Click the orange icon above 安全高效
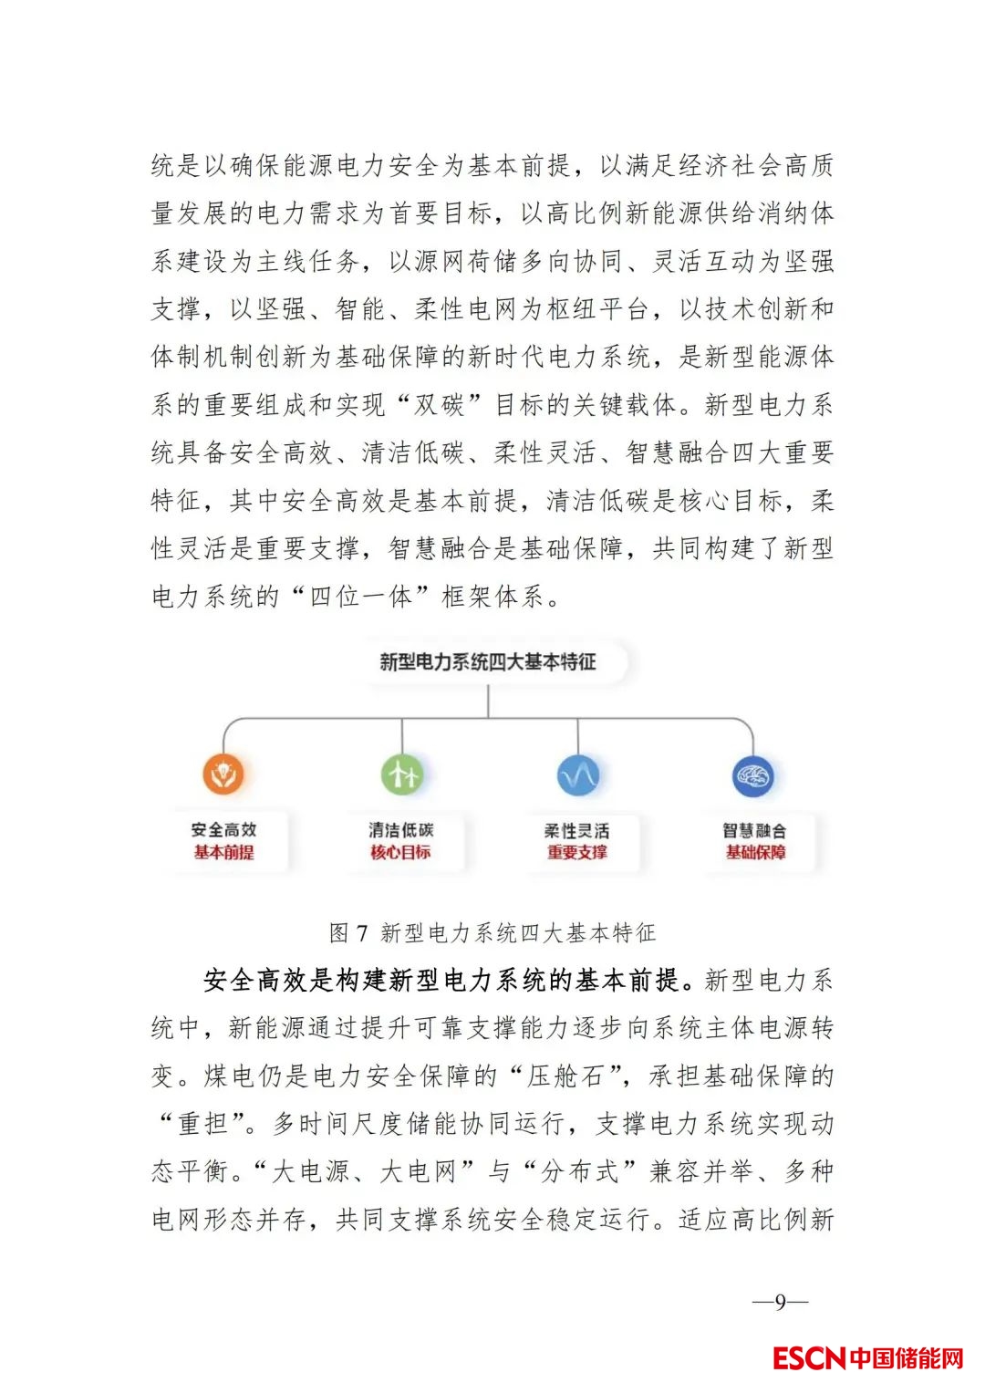point(223,774)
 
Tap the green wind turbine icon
point(402,774)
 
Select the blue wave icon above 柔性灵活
point(578,775)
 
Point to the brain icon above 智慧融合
point(753,776)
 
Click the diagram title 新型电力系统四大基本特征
point(488,661)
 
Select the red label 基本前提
point(223,852)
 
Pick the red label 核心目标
point(400,852)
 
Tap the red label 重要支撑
point(577,852)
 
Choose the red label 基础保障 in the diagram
point(755,852)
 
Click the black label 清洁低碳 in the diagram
point(400,830)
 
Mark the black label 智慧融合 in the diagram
point(754,830)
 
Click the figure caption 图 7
point(347,932)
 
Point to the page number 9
point(780,1302)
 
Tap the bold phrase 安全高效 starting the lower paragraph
point(256,980)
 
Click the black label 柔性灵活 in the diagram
point(577,830)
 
